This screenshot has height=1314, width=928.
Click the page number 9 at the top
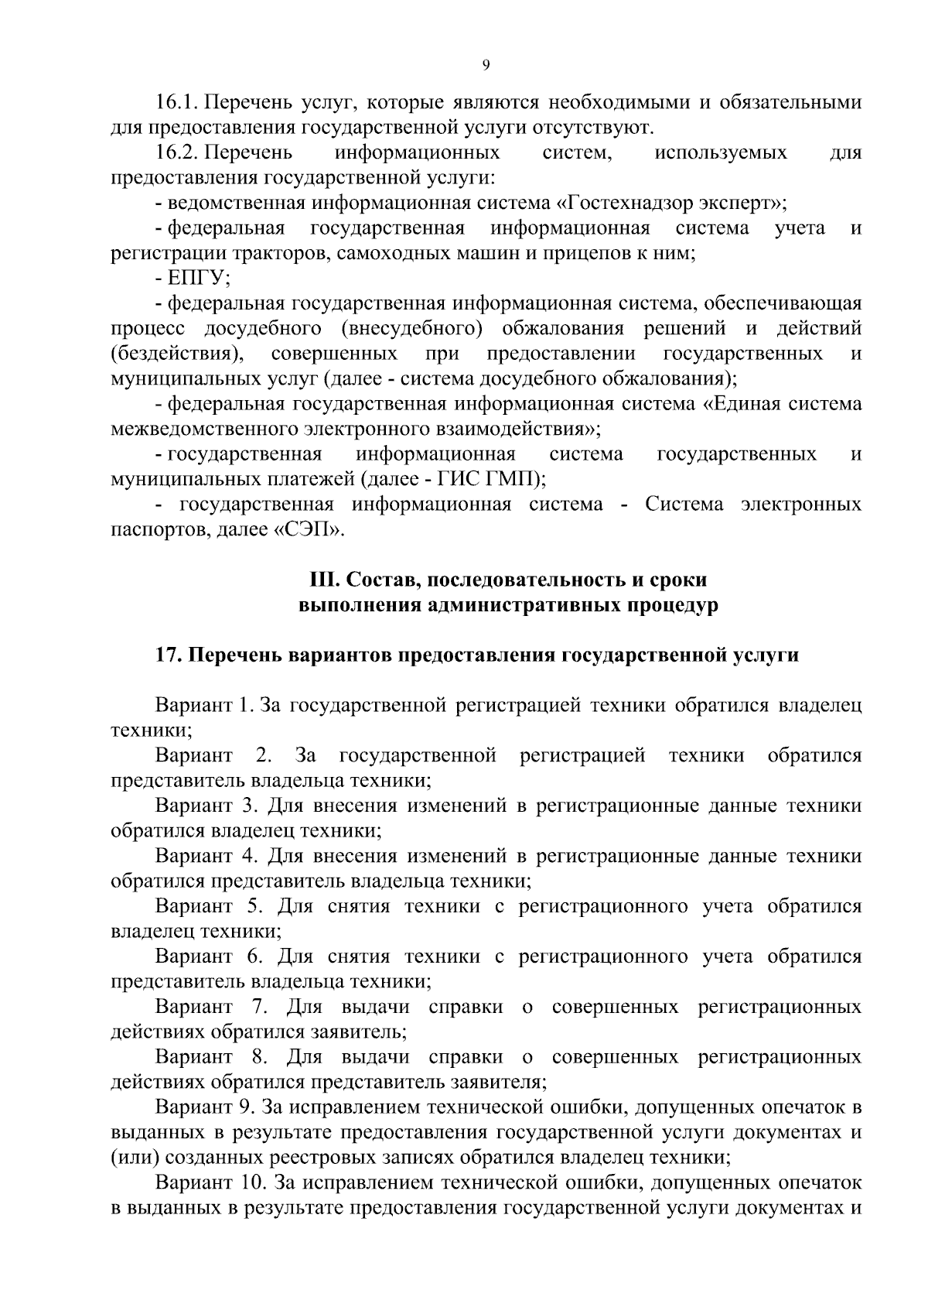click(x=486, y=66)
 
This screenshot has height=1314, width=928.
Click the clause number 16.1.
click(x=179, y=102)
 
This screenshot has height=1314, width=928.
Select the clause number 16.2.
click(x=179, y=152)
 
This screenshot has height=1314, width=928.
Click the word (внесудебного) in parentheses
click(x=411, y=328)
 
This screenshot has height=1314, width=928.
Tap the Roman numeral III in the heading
click(x=319, y=580)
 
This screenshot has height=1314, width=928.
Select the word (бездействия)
click(x=177, y=354)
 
